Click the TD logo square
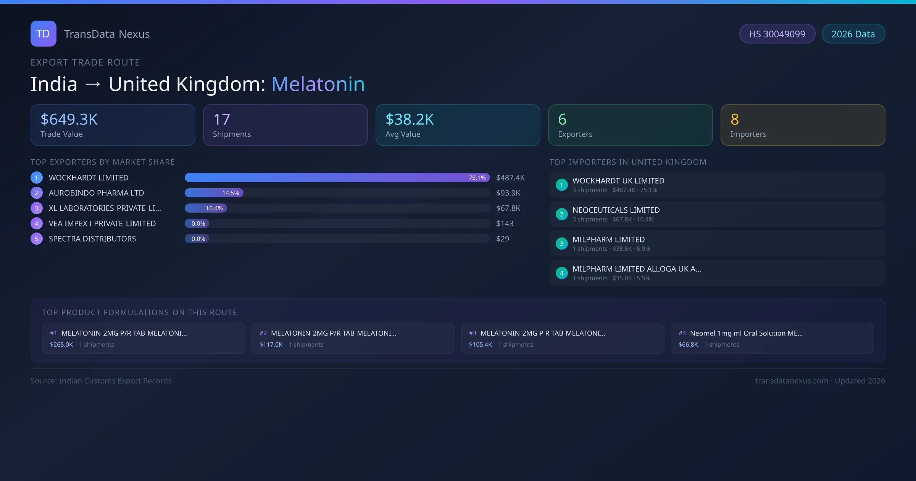pyautogui.click(x=43, y=34)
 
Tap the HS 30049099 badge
pyautogui.click(x=777, y=34)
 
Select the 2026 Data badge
pyautogui.click(x=853, y=34)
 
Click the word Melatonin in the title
pyautogui.click(x=318, y=84)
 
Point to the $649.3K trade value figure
pyautogui.click(x=69, y=119)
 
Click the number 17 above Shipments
pyautogui.click(x=221, y=119)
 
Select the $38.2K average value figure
pyautogui.click(x=410, y=119)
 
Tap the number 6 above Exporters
pyautogui.click(x=562, y=119)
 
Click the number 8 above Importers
pyautogui.click(x=735, y=119)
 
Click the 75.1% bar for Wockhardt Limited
pyautogui.click(x=337, y=178)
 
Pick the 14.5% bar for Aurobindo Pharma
pyautogui.click(x=214, y=193)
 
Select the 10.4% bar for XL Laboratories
pyautogui.click(x=206, y=208)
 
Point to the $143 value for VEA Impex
pyautogui.click(x=505, y=223)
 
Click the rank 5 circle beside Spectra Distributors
pyautogui.click(x=37, y=239)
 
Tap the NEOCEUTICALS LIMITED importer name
pyautogui.click(x=616, y=210)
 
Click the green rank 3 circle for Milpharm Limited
pyautogui.click(x=561, y=244)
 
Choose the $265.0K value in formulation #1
pyautogui.click(x=61, y=344)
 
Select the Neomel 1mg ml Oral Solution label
pyautogui.click(x=746, y=333)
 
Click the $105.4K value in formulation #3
pyautogui.click(x=481, y=344)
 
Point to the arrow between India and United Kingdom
pyautogui.click(x=93, y=84)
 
